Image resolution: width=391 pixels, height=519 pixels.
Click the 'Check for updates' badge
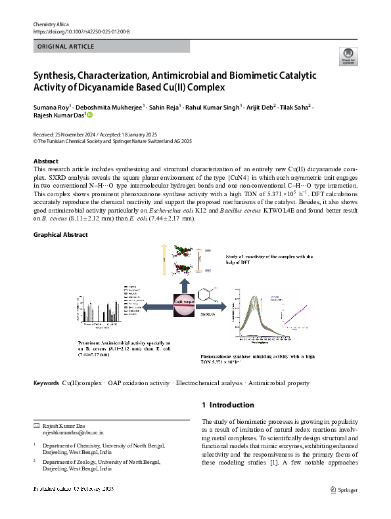(347, 56)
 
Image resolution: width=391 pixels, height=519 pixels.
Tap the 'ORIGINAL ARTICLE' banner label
(66, 47)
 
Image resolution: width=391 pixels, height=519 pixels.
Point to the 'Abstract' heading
(45, 161)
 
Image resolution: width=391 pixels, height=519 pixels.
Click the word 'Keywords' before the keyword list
(46, 383)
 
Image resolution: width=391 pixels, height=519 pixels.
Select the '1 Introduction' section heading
(227, 405)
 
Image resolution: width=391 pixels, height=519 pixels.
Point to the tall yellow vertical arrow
(164, 266)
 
